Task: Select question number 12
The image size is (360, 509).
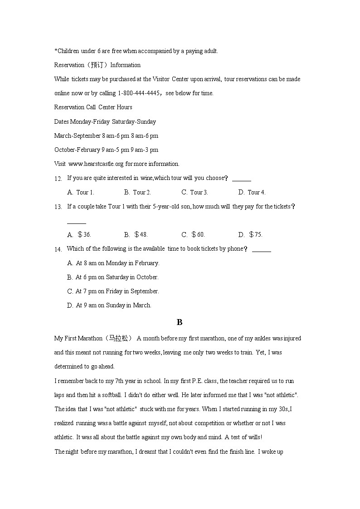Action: click(58, 179)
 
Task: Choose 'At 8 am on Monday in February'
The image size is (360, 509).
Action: click(117, 263)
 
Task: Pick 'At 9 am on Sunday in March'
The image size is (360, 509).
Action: click(113, 305)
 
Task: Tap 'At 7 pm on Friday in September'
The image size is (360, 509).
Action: click(117, 291)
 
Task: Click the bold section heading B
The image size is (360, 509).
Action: click(180, 322)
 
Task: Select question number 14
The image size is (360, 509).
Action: click(58, 249)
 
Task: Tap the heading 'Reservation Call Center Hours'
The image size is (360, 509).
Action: click(93, 107)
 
